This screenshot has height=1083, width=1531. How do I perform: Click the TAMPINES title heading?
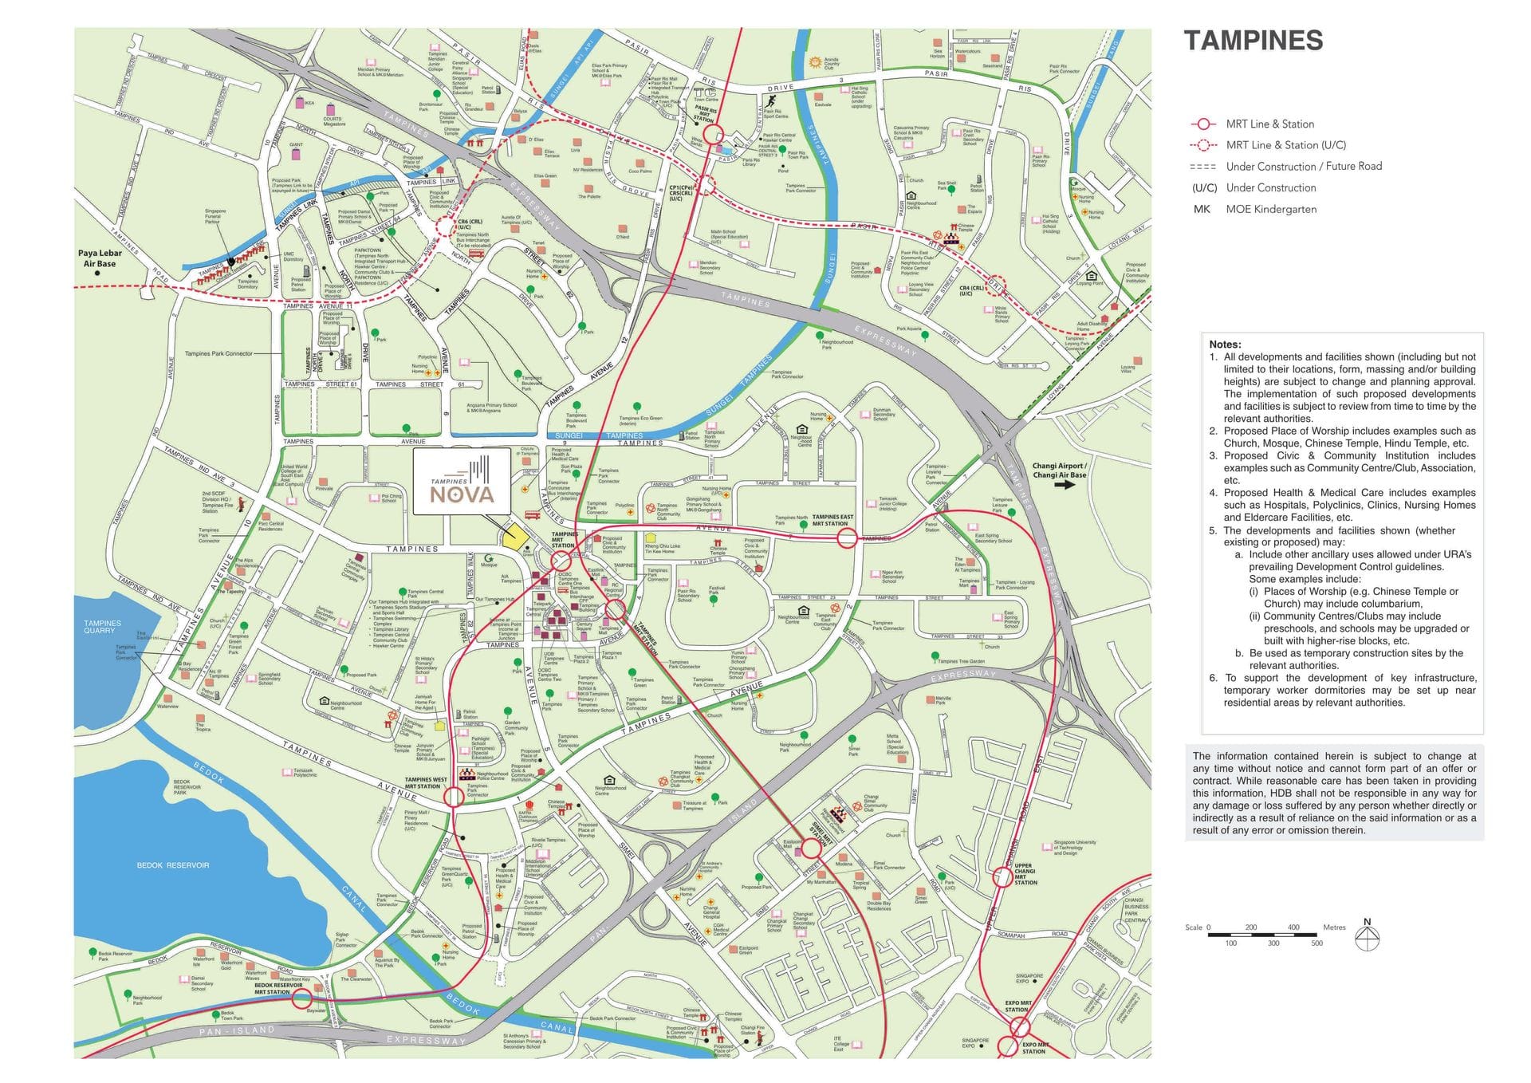coord(1253,41)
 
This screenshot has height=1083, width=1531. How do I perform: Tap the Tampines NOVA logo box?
coord(462,481)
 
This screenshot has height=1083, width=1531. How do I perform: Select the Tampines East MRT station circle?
coord(847,539)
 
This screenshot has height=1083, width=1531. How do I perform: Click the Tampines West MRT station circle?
coord(453,796)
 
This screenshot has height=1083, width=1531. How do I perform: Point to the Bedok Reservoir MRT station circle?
coord(301,999)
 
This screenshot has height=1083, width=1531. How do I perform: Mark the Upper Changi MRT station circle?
coord(1002,877)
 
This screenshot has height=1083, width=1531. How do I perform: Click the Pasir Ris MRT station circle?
coord(713,134)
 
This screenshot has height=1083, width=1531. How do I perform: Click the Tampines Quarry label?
coord(103,626)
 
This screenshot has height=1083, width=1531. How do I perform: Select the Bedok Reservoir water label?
coord(173,864)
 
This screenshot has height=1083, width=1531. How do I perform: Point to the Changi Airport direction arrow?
coord(1064,485)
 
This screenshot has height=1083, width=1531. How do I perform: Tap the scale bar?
coord(1264,934)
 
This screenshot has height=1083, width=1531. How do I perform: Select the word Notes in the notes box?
coord(1225,345)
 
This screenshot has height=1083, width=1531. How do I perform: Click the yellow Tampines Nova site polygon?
coord(517,536)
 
